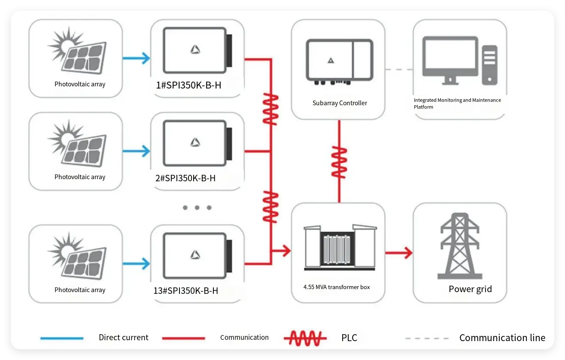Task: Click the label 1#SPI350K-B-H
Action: tap(188, 85)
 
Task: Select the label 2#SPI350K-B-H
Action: tap(185, 178)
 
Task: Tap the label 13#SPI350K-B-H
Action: tap(185, 291)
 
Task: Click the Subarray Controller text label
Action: tap(340, 103)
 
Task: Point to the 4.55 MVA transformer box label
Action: tap(337, 287)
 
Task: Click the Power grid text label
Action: tap(470, 289)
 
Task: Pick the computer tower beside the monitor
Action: tap(489, 64)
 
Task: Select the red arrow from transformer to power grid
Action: tap(399, 253)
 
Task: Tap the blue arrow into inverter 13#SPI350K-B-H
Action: tap(136, 263)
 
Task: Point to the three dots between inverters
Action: tap(197, 207)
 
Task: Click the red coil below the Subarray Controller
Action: tap(339, 162)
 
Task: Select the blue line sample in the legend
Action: tap(62, 338)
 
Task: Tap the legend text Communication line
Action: tap(502, 338)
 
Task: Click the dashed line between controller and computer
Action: tap(399, 69)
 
